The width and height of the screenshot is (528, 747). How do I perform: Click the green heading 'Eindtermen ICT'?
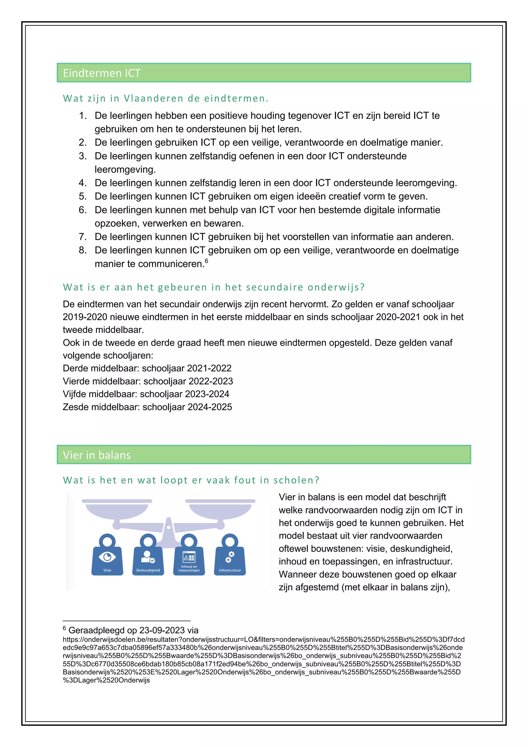102,73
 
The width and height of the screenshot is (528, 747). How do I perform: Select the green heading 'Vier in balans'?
97,455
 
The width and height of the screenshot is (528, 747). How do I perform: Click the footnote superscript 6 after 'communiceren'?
207,261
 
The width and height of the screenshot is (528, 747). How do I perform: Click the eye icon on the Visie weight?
107,557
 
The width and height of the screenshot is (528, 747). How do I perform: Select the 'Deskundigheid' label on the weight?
148,570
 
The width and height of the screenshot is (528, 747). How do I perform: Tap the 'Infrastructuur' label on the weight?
230,570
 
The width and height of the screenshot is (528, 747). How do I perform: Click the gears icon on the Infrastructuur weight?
230,557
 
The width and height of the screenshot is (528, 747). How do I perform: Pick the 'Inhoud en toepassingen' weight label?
189,568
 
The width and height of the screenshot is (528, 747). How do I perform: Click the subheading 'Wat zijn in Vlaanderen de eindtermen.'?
166,98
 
